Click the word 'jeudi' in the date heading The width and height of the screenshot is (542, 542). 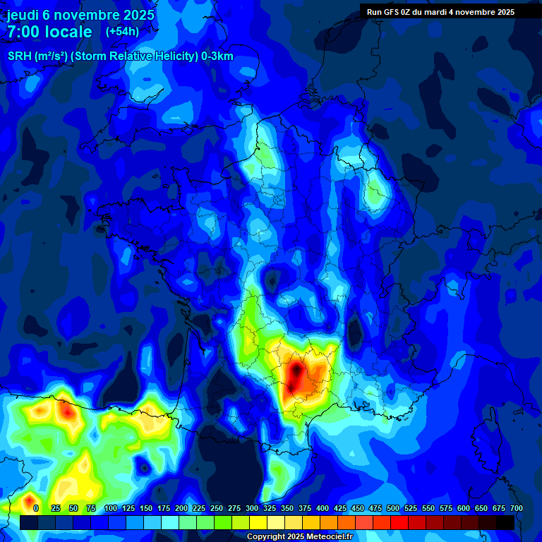click(x=23, y=14)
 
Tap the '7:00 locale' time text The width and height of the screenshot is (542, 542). click(x=49, y=32)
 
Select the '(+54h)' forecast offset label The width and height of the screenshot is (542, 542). click(x=122, y=31)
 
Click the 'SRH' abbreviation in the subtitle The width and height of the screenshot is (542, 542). click(x=18, y=56)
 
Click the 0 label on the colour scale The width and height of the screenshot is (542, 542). click(x=35, y=508)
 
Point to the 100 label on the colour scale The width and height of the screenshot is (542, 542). click(x=110, y=508)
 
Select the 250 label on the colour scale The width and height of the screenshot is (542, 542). click(x=216, y=508)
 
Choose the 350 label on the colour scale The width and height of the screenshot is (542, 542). click(x=287, y=508)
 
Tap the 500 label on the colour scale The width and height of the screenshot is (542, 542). click(x=393, y=508)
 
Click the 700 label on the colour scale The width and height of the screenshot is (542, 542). click(x=517, y=508)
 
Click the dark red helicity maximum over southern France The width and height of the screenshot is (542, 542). click(x=296, y=375)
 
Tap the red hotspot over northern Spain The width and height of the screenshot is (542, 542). click(x=67, y=409)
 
